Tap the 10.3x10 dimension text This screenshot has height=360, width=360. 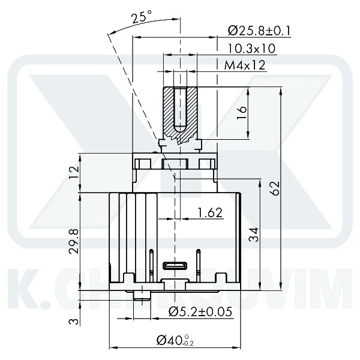coord(251,48)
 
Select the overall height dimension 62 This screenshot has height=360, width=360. coord(275,188)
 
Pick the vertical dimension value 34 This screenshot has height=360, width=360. coord(254,235)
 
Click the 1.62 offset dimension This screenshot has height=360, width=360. coord(210,212)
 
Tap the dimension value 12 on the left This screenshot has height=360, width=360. coord(74,173)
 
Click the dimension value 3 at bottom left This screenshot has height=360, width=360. coord(74,322)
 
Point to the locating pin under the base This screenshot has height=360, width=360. coord(143,293)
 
